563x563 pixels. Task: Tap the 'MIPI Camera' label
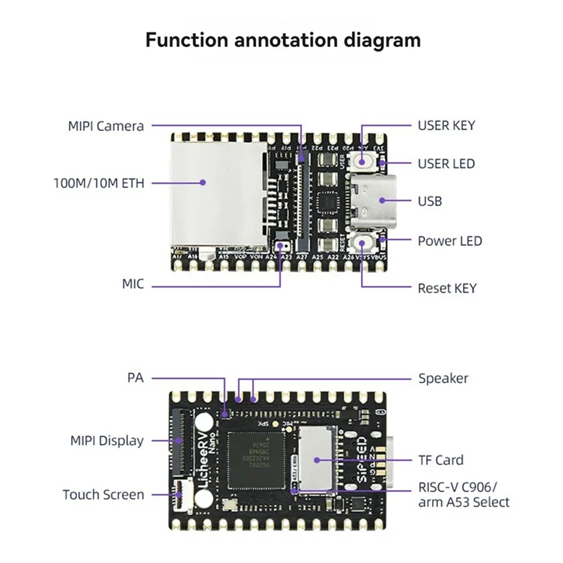pyautogui.click(x=106, y=127)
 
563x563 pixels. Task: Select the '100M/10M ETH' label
pyautogui.click(x=99, y=183)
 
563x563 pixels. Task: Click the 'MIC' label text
pyautogui.click(x=132, y=284)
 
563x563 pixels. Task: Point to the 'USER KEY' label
pyautogui.click(x=446, y=126)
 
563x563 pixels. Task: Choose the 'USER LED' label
pyautogui.click(x=446, y=164)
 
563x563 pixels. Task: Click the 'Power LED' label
pyautogui.click(x=450, y=241)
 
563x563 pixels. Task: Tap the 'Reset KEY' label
pyautogui.click(x=447, y=288)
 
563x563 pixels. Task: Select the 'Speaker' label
pyautogui.click(x=443, y=379)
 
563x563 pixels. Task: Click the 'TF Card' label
pyautogui.click(x=441, y=460)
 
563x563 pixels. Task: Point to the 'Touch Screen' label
pyautogui.click(x=103, y=495)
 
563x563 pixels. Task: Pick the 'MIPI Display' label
pyautogui.click(x=106, y=441)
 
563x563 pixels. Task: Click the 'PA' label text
pyautogui.click(x=135, y=379)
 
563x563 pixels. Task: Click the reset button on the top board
pyautogui.click(x=363, y=243)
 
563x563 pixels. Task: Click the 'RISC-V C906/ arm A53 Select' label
pyautogui.click(x=463, y=495)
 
